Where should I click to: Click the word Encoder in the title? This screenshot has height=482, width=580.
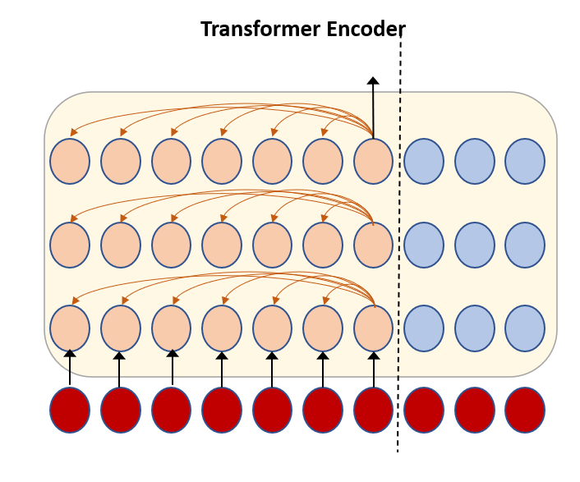pos(363,30)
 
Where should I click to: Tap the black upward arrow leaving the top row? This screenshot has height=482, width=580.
pos(373,107)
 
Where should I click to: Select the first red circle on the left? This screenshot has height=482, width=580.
pos(70,409)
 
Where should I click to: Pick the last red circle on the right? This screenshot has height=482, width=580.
pos(525,409)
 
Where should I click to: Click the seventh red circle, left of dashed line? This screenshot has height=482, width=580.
pos(374,409)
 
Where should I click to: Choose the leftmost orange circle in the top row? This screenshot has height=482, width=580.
pos(70,161)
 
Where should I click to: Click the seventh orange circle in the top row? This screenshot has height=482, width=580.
pos(374,161)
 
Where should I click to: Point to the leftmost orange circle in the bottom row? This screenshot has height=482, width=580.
pos(70,328)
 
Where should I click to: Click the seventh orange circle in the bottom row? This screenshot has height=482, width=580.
pos(374,328)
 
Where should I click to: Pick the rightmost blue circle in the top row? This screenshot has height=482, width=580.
pos(525,161)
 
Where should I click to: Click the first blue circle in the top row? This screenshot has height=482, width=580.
pos(424,161)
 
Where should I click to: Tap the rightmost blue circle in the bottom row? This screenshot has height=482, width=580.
pos(525,328)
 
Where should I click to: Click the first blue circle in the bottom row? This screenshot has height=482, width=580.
pos(424,328)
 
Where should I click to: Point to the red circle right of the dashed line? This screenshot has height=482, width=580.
pos(424,409)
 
